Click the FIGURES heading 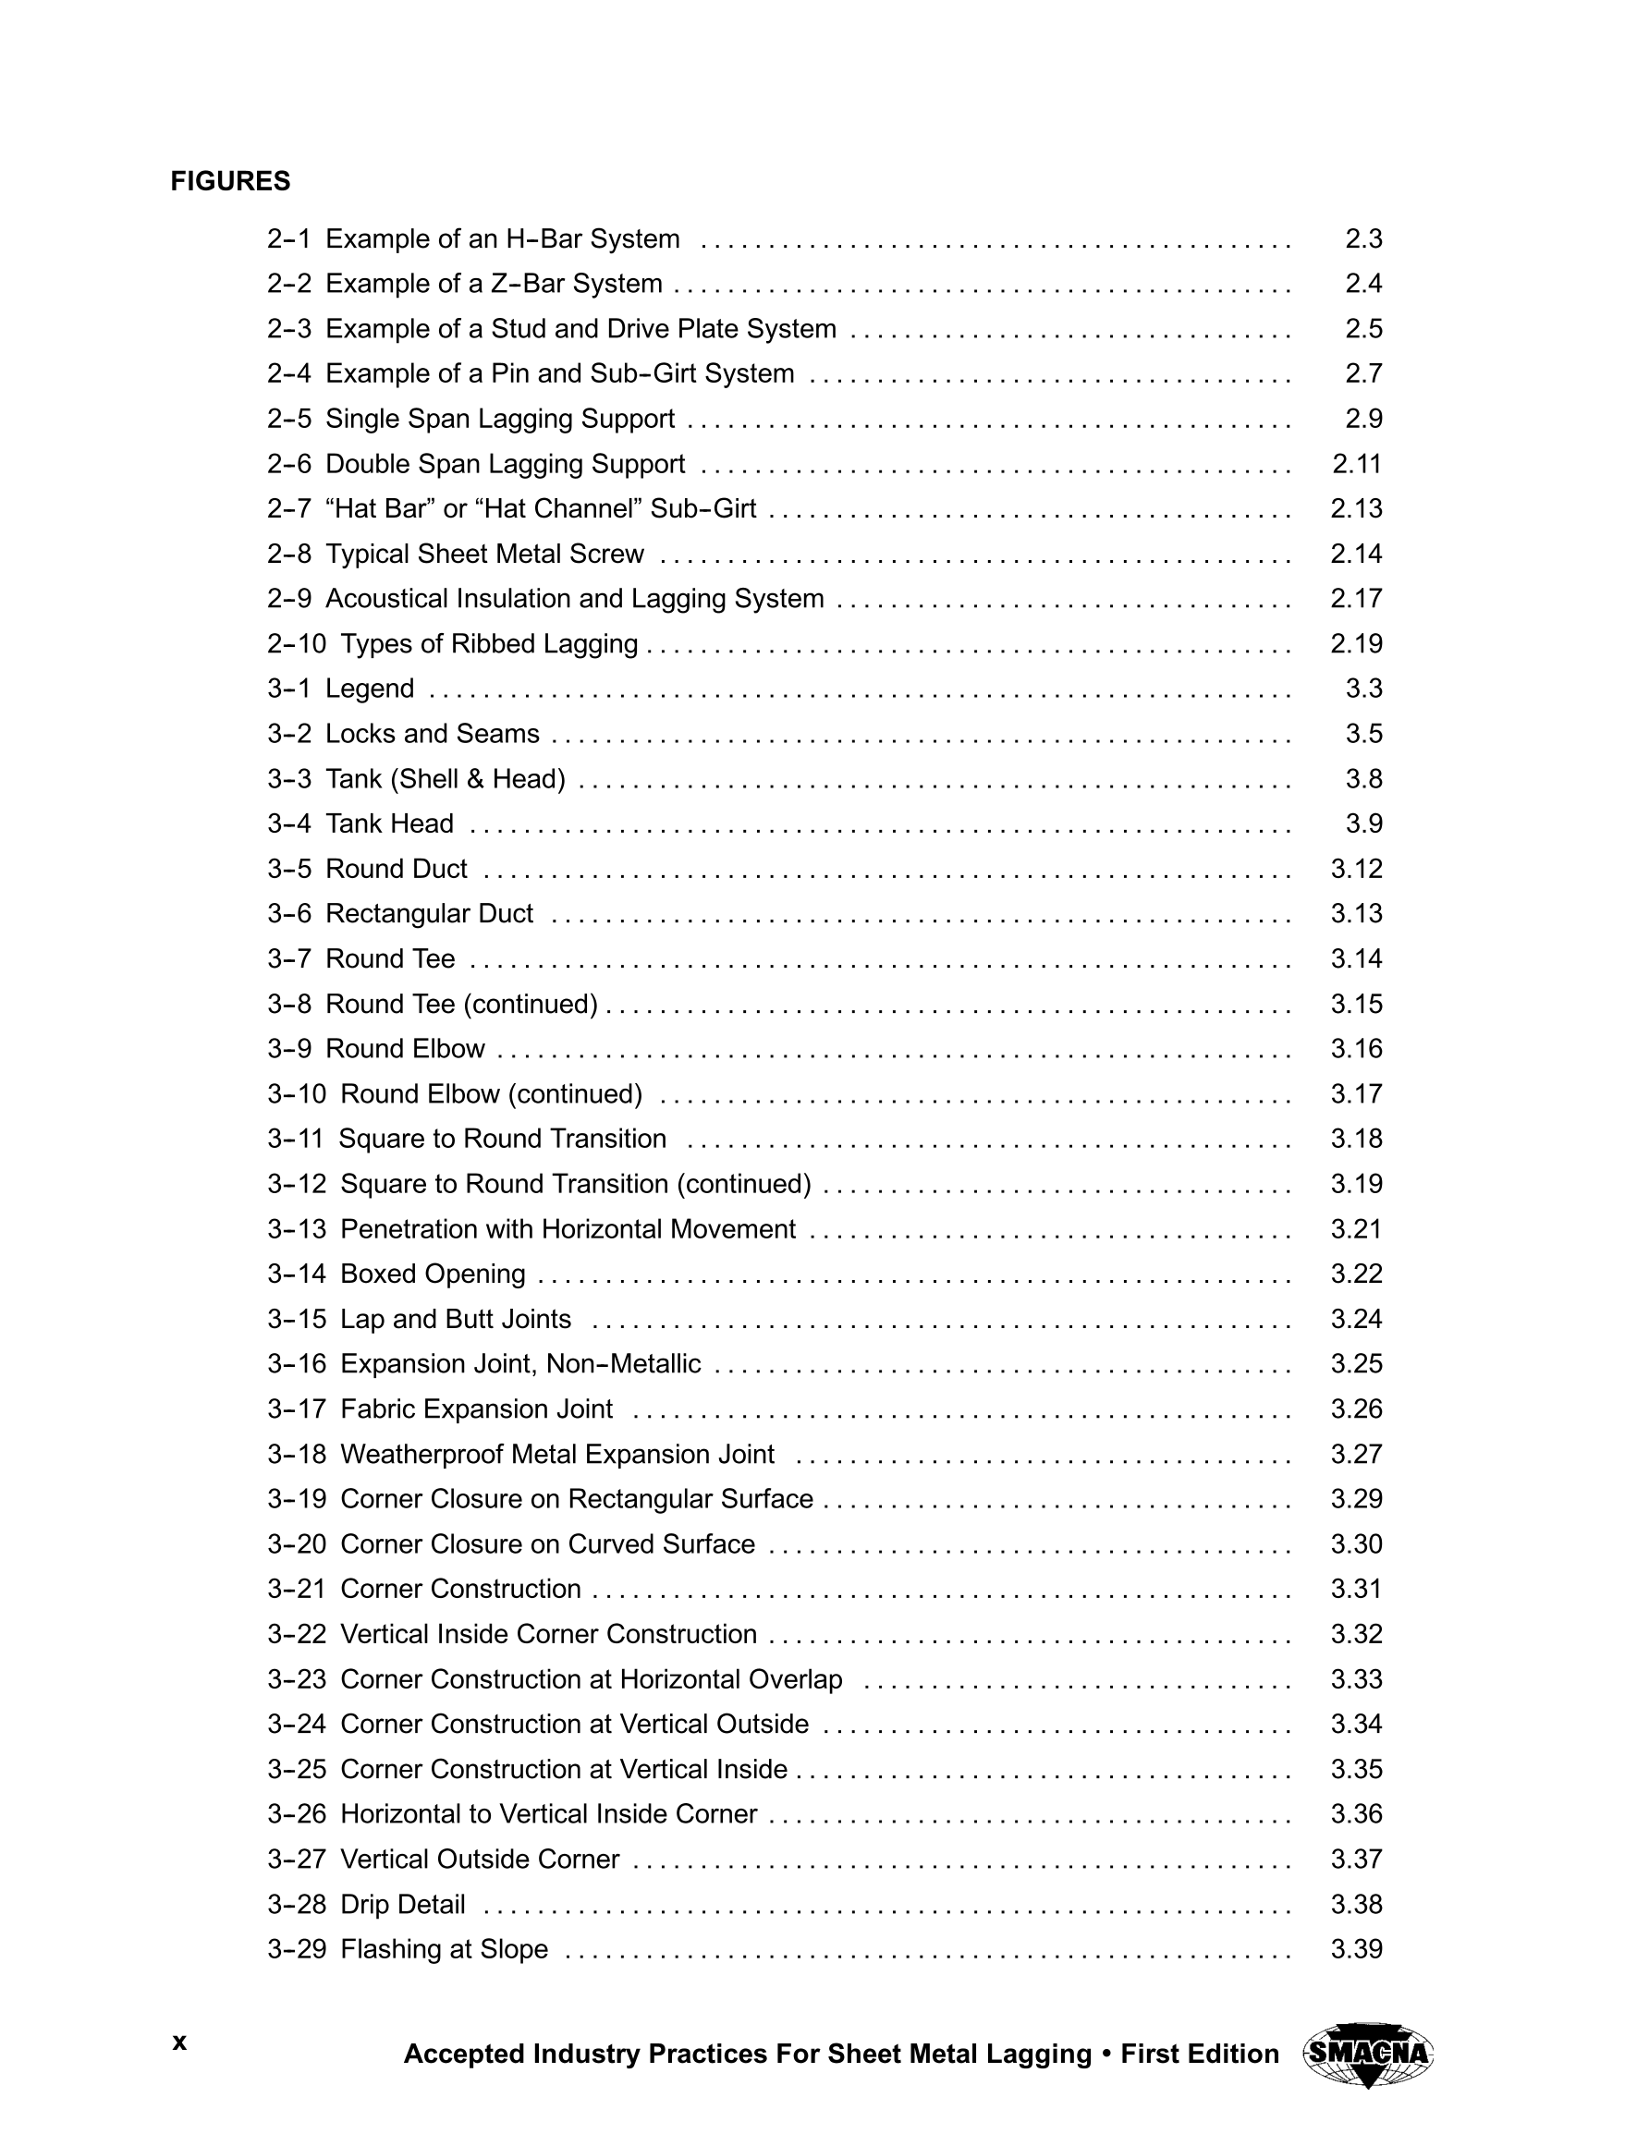(x=230, y=182)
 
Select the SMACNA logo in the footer (x=1367, y=2055)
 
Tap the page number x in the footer (x=179, y=2042)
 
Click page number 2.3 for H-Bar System (x=1362, y=239)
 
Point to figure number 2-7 (x=288, y=509)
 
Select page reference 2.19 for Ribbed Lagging (x=1356, y=644)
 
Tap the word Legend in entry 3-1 (x=370, y=689)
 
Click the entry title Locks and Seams (x=432, y=734)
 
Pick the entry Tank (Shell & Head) (x=445, y=779)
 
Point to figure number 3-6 (x=288, y=914)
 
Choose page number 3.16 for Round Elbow (x=1356, y=1048)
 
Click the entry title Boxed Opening (x=432, y=1274)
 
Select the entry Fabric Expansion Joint (x=476, y=1409)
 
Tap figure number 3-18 (x=296, y=1454)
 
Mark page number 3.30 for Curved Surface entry (x=1356, y=1543)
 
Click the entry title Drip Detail (x=403, y=1905)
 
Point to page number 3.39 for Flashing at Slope (x=1356, y=1949)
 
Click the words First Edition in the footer (x=1200, y=2054)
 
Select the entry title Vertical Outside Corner (x=479, y=1860)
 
